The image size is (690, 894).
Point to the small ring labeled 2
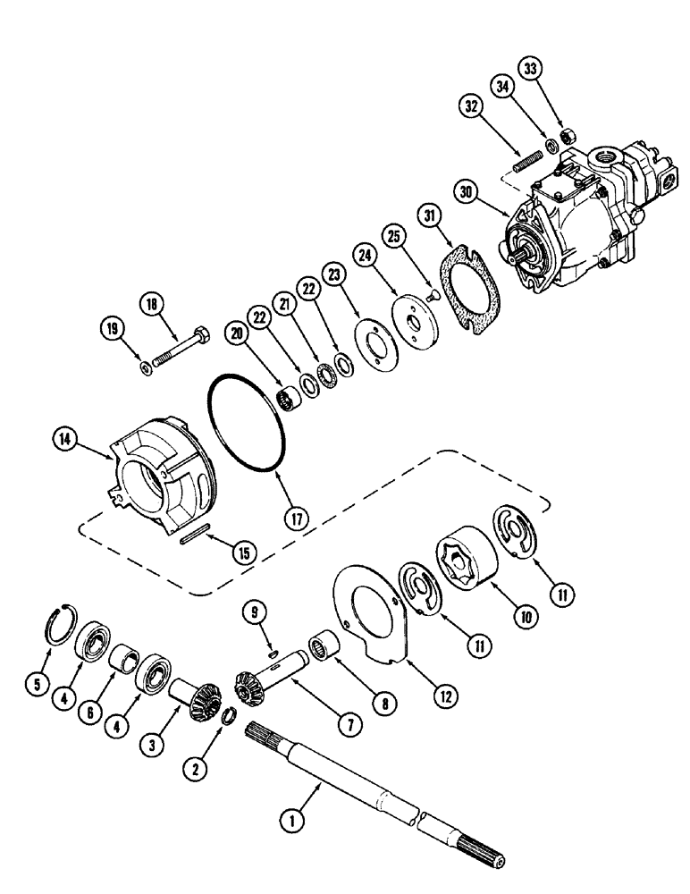pos(228,713)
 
